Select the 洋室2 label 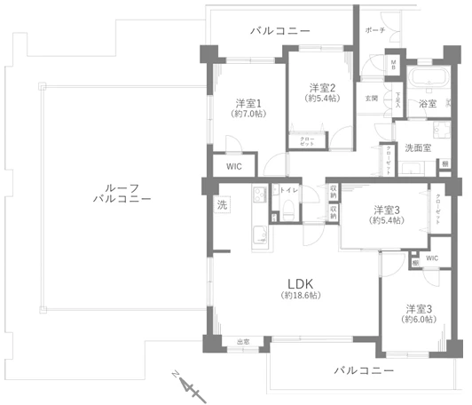[320, 88]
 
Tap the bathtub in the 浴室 [429, 78]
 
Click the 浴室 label [428, 104]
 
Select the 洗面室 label [418, 147]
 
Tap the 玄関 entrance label [371, 98]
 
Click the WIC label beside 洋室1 [233, 165]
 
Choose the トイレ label [289, 190]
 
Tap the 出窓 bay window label [243, 342]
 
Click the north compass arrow [185, 385]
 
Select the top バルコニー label [279, 31]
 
